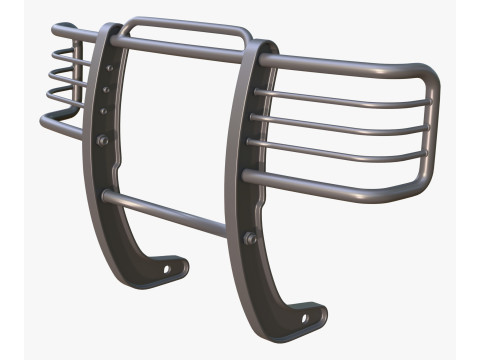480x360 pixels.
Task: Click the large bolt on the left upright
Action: [x=103, y=141]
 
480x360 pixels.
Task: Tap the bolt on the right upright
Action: [x=250, y=238]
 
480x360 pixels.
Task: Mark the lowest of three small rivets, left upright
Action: [x=105, y=110]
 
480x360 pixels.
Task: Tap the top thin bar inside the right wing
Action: [x=340, y=98]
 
